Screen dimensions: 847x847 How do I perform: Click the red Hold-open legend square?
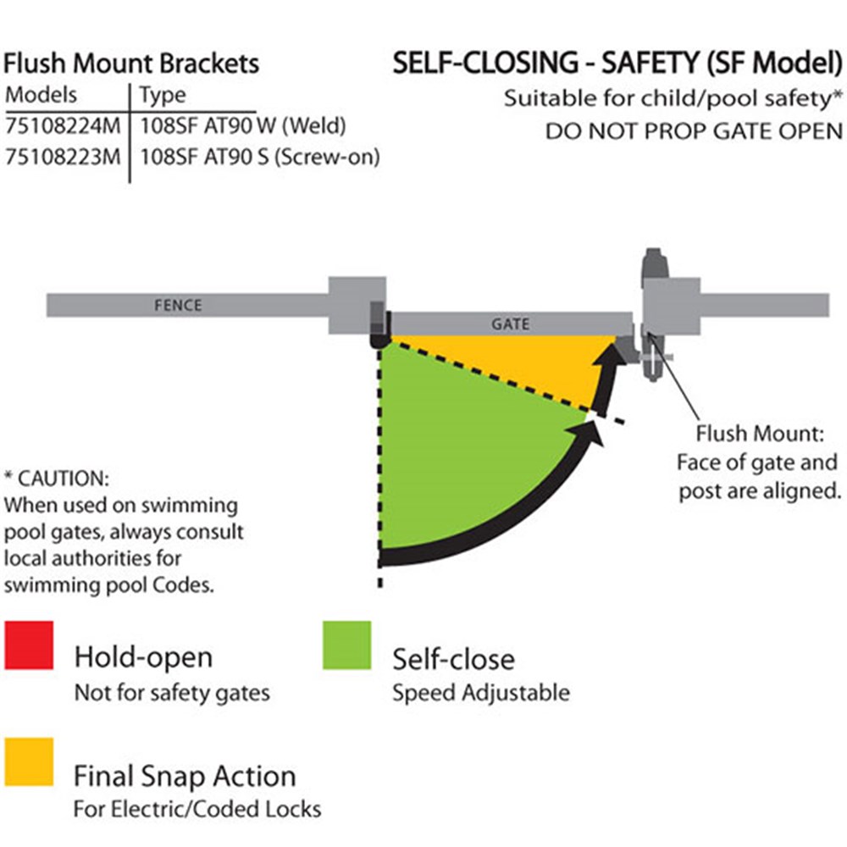pos(29,645)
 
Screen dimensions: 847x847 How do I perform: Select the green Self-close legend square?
pos(346,645)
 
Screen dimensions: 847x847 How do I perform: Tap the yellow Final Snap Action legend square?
pos(29,761)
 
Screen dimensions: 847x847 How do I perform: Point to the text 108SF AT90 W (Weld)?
pos(243,128)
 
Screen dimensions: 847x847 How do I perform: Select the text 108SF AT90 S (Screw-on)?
pos(258,158)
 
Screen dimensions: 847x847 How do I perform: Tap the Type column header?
pos(162,95)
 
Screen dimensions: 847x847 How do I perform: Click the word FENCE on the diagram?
pos(178,304)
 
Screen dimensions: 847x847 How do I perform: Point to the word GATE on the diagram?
pos(510,324)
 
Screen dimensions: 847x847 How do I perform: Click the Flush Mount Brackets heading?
pos(131,64)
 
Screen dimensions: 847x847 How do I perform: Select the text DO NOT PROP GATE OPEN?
pos(694,131)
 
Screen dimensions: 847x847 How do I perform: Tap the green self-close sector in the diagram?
pos(457,466)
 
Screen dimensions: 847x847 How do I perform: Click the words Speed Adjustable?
pos(480,693)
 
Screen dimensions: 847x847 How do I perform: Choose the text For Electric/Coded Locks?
pos(197,809)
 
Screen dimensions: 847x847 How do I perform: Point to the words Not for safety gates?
pos(172,693)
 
